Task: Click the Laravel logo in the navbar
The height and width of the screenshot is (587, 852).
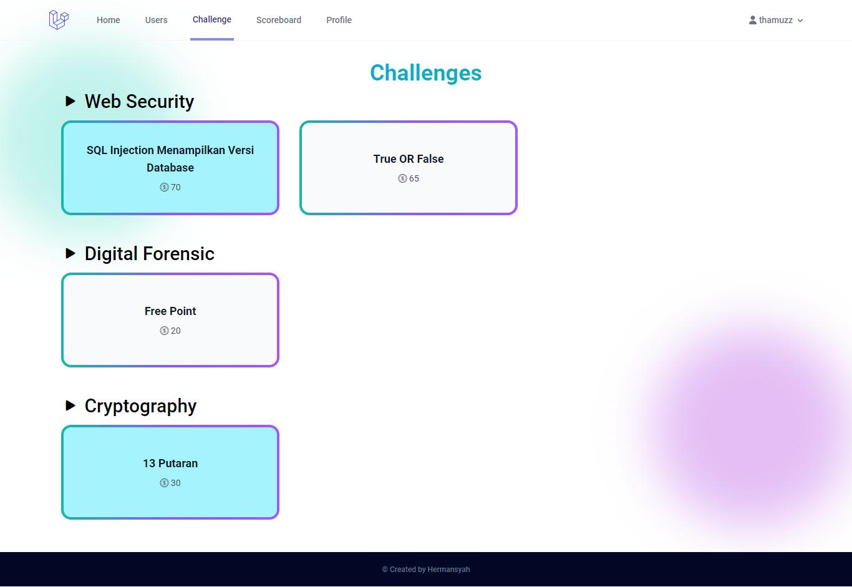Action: tap(59, 20)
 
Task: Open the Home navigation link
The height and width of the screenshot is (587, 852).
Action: tap(109, 20)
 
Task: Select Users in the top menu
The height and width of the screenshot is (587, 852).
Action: tap(156, 20)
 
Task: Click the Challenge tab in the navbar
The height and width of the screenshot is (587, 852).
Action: tap(212, 19)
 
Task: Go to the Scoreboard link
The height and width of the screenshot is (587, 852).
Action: tap(279, 20)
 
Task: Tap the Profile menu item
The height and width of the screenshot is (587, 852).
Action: tap(339, 20)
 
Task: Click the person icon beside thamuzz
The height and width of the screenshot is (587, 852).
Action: tap(753, 20)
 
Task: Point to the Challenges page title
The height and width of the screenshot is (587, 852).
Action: tap(426, 73)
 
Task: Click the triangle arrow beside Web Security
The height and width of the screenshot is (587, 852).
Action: tap(70, 101)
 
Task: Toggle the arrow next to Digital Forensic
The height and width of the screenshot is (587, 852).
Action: tap(70, 253)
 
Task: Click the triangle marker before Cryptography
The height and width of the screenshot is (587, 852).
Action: tap(70, 405)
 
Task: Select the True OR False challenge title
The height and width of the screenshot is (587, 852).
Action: tap(409, 159)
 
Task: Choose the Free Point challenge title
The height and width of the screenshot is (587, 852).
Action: tap(170, 311)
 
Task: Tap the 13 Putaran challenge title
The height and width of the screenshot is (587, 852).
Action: tap(170, 463)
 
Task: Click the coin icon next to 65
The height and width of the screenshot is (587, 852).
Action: tap(402, 178)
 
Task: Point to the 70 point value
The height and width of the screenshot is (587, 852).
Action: tap(176, 187)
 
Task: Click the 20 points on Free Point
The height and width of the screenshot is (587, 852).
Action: tap(176, 331)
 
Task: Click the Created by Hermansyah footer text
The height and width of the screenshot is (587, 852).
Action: tap(426, 570)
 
